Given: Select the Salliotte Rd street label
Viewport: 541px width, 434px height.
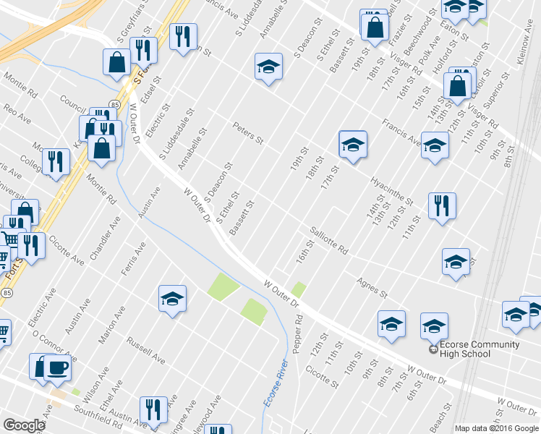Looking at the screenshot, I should [329, 241].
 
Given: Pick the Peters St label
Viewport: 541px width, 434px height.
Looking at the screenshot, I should [247, 132].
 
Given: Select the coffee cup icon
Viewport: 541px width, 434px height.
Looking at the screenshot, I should [57, 367].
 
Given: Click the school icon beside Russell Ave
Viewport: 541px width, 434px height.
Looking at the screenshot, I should [173, 298].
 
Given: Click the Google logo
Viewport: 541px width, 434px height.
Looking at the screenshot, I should [25, 425].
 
